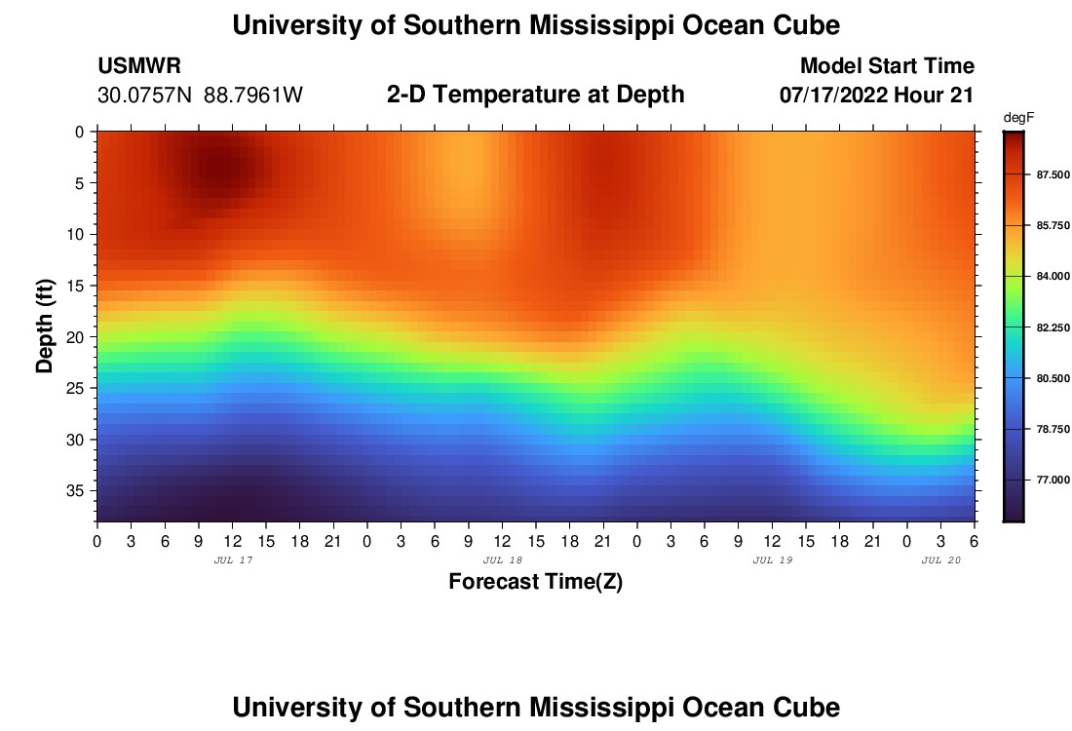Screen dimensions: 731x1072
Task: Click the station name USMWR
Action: point(139,66)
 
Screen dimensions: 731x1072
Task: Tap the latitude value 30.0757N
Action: point(145,96)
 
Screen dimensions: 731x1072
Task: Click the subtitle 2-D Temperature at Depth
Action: point(535,95)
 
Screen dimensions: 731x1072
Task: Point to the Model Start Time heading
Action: point(886,66)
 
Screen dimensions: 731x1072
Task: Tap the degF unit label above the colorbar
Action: point(1017,118)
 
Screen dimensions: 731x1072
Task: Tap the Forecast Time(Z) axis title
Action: point(535,583)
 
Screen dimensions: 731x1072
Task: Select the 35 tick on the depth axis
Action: point(77,490)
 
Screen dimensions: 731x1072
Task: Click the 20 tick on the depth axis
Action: point(77,336)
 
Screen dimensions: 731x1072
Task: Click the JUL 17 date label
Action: point(232,560)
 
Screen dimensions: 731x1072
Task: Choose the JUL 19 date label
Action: point(772,560)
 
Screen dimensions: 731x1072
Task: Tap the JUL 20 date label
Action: point(940,560)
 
